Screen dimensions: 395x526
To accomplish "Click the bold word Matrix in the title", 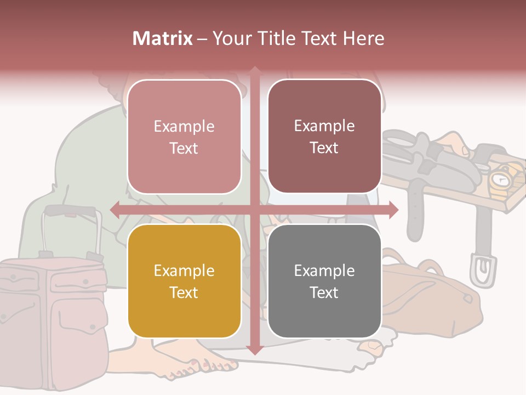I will click(x=163, y=38).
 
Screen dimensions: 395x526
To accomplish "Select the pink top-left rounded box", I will click(x=184, y=137).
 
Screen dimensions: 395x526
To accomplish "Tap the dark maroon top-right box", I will click(x=324, y=136).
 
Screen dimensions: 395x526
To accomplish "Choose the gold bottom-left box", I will click(x=184, y=281).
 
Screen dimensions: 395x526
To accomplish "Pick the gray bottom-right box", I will click(x=324, y=281).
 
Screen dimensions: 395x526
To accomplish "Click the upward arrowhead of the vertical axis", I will click(x=255, y=70).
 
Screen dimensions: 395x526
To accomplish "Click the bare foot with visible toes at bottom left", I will click(x=197, y=367).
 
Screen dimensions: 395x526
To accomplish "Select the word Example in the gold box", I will click(x=184, y=270).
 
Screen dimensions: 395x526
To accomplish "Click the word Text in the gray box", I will click(x=324, y=292).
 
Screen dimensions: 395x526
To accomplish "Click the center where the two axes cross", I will click(x=255, y=210).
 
